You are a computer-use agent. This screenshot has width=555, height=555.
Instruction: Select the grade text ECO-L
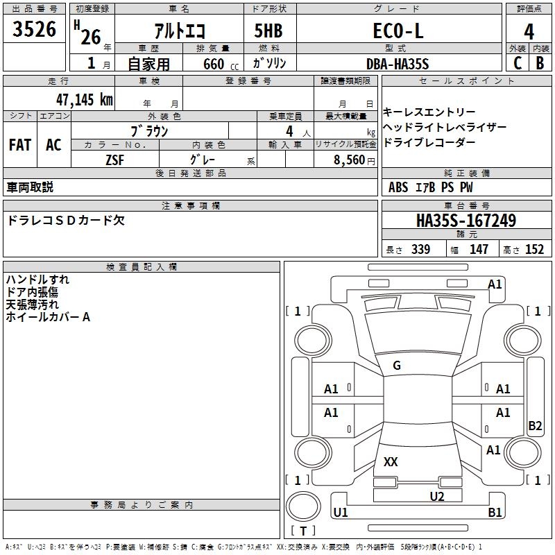pyautogui.click(x=398, y=31)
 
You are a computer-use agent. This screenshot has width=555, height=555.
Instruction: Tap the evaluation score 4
pyautogui.click(x=529, y=31)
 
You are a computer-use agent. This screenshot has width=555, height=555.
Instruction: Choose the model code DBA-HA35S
pyautogui.click(x=398, y=64)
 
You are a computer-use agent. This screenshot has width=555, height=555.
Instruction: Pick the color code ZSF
pyautogui.click(x=115, y=160)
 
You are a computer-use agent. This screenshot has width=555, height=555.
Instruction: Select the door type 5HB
pyautogui.click(x=268, y=31)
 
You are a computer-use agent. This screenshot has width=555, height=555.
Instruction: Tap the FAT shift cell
pyautogui.click(x=19, y=145)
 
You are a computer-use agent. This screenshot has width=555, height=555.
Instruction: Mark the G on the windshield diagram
pyautogui.click(x=397, y=366)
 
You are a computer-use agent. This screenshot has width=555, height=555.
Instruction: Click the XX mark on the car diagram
pyautogui.click(x=391, y=462)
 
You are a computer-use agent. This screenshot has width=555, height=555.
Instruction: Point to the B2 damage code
pyautogui.click(x=535, y=426)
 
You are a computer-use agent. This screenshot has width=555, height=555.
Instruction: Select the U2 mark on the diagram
pyautogui.click(x=436, y=495)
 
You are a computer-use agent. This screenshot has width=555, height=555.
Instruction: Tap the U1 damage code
pyautogui.click(x=341, y=513)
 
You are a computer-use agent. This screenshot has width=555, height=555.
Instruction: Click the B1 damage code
pyautogui.click(x=495, y=513)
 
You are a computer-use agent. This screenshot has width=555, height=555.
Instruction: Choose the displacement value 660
pyautogui.click(x=214, y=64)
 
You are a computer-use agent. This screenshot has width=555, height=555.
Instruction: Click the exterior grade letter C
pyautogui.click(x=518, y=62)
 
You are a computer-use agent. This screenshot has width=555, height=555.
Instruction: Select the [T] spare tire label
pyautogui.click(x=302, y=531)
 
